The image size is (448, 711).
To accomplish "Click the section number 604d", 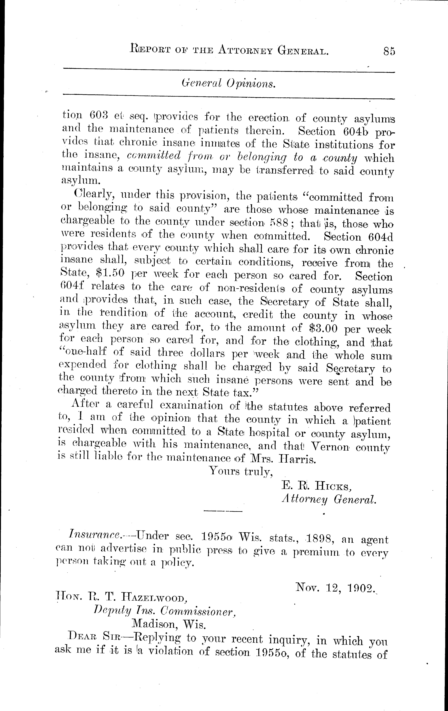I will [x=377, y=237].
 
